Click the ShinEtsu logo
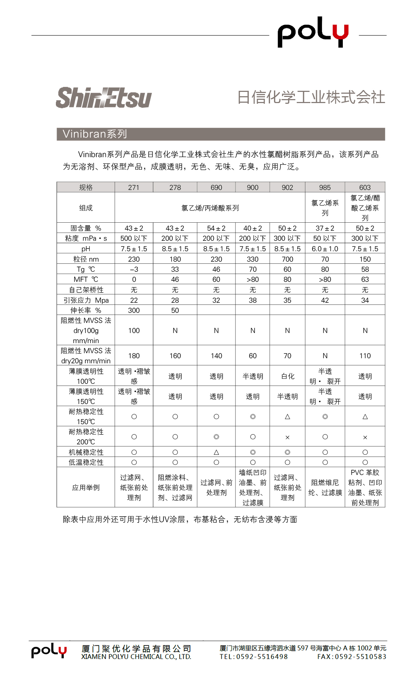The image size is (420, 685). click(104, 98)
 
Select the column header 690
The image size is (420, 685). click(216, 187)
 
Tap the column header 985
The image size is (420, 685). click(325, 187)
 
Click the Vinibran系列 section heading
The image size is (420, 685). click(95, 134)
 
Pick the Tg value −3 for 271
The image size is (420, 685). click(134, 270)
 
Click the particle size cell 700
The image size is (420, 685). click(287, 259)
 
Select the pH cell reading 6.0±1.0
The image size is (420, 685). click(325, 249)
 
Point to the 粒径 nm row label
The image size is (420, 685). click(86, 259)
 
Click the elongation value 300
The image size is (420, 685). click(134, 310)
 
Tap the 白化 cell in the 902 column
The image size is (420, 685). click(287, 376)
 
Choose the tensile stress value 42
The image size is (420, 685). click(325, 300)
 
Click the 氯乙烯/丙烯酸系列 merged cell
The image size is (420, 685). click(210, 208)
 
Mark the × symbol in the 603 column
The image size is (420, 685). click(365, 437)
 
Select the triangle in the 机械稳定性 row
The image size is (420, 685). click(216, 452)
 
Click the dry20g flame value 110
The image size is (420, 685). click(365, 356)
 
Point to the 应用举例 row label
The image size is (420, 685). click(86, 488)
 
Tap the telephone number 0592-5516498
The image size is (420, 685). click(262, 657)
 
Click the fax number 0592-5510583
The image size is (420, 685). click(361, 657)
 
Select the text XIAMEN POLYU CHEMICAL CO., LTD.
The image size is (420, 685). click(136, 657)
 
